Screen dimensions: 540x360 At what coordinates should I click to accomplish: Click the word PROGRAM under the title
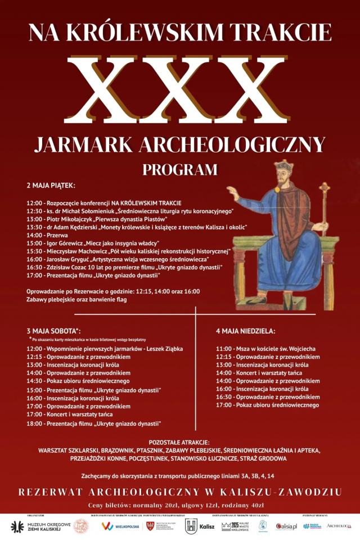(179, 169)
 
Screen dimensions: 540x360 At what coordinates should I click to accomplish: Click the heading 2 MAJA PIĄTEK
(51, 185)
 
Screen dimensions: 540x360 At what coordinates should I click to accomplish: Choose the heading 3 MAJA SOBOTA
(53, 331)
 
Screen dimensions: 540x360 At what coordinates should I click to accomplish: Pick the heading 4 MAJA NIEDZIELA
(245, 331)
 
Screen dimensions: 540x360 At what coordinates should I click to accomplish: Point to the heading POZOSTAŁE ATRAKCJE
(179, 442)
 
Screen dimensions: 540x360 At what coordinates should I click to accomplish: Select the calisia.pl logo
(286, 526)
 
